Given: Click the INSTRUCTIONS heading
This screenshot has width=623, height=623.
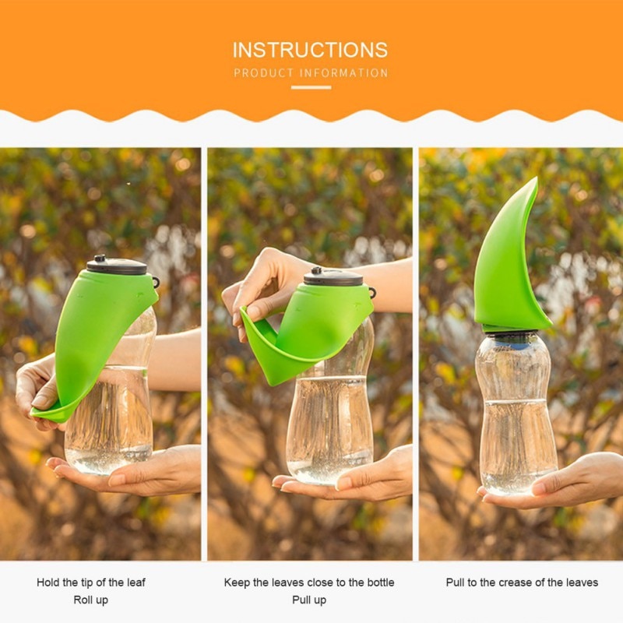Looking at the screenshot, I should [x=310, y=50].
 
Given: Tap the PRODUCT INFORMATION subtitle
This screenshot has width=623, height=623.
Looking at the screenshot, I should [x=311, y=73].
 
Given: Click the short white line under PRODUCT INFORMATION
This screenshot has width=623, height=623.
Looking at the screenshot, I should [x=311, y=87].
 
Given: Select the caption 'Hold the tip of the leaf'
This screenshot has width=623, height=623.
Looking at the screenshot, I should [x=91, y=583].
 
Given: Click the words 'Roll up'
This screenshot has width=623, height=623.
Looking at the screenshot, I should [x=91, y=600].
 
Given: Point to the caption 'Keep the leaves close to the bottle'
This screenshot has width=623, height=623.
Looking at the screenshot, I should [x=309, y=583].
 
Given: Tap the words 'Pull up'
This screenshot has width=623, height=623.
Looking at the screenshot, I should [x=309, y=600].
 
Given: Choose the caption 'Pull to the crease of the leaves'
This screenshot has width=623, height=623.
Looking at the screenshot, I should [x=522, y=583].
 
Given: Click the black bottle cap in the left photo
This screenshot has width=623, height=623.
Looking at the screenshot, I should [x=117, y=266].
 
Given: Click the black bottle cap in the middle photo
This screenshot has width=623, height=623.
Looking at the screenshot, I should [x=333, y=276].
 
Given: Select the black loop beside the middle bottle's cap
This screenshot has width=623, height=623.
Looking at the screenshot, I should [x=371, y=293].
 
